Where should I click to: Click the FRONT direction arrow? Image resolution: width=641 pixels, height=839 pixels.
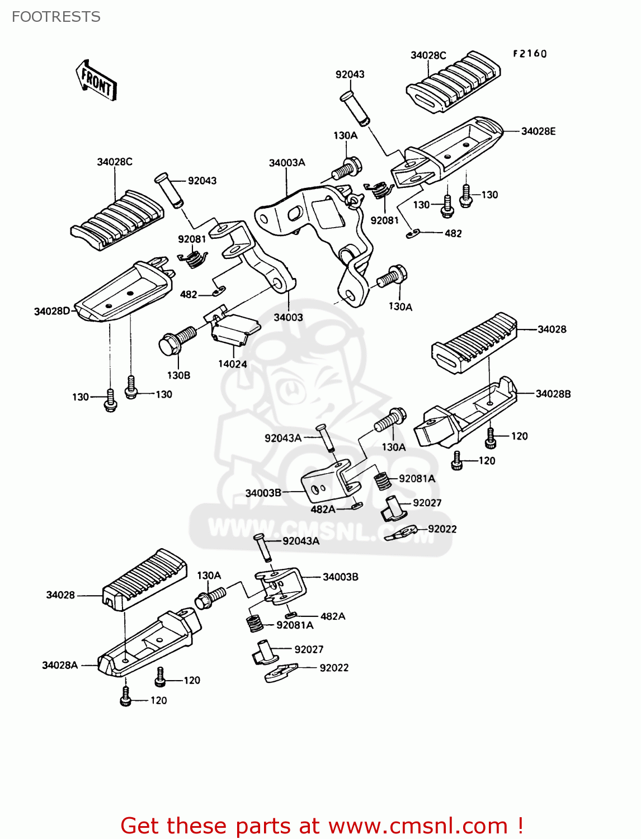coord(96,81)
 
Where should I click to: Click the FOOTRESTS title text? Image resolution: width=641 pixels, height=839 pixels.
coord(56,17)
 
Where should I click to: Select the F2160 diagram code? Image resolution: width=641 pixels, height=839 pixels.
coord(530,54)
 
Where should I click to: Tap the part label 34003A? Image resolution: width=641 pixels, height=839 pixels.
coord(287,163)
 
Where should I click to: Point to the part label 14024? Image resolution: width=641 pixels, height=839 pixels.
coord(232,364)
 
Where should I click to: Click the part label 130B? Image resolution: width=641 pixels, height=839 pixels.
coord(178,375)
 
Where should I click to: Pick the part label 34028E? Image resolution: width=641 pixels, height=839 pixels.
coord(538,131)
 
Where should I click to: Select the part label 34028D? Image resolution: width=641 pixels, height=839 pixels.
coord(52,311)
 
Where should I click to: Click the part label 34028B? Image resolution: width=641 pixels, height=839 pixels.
coord(553,394)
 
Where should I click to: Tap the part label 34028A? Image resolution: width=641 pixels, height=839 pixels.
coord(60,665)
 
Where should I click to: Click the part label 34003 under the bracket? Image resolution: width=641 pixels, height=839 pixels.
coord(288,317)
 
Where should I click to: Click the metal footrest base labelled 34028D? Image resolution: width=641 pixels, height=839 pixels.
coord(123,293)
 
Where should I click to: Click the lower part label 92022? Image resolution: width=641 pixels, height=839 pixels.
coord(334,668)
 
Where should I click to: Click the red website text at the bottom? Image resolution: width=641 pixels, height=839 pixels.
coord(322,826)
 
